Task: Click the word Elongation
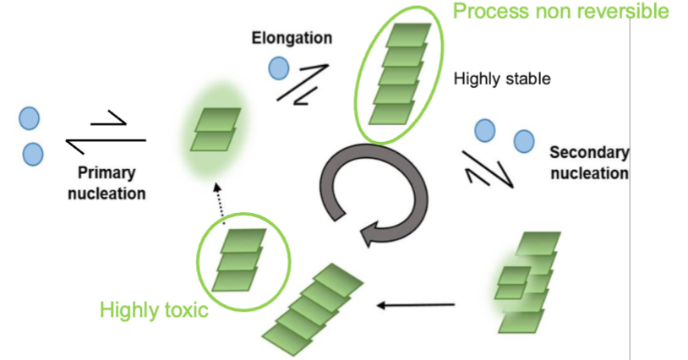292,38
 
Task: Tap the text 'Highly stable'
502,79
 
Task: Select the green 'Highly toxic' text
154,310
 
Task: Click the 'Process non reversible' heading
549,12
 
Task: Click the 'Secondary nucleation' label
588,163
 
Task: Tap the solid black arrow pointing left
418,304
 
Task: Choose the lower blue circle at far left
33,154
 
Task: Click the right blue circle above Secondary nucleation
524,140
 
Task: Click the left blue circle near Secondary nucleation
485,129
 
